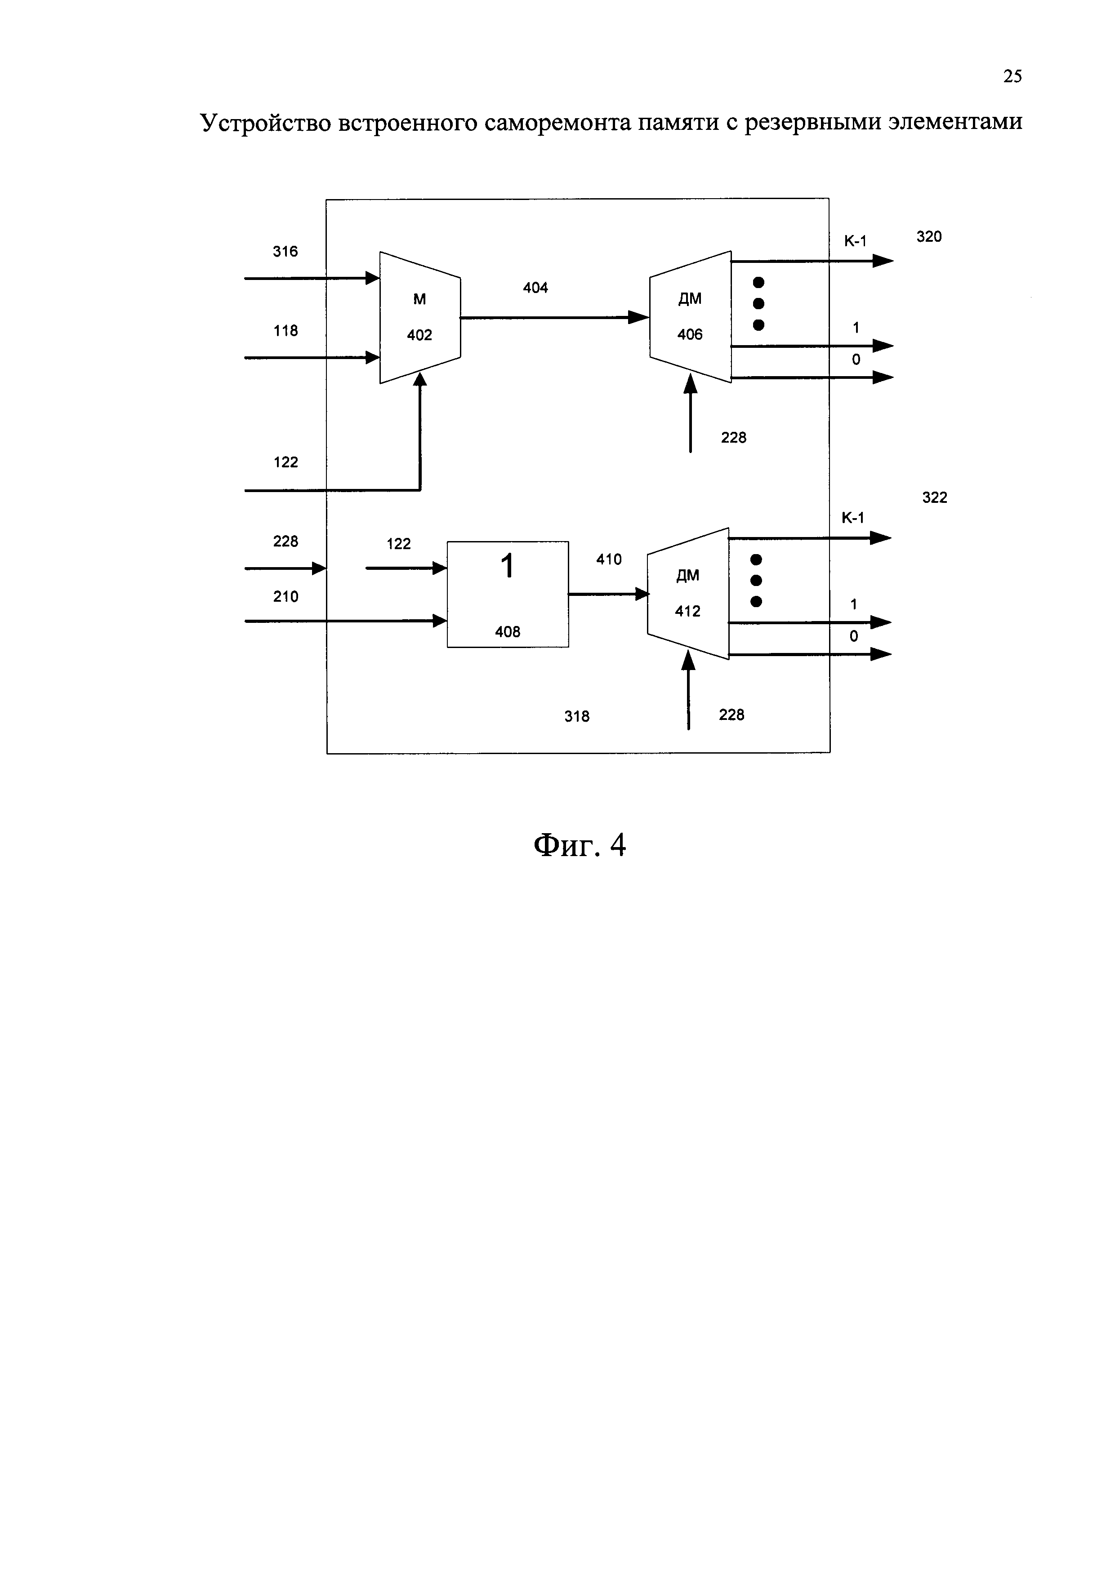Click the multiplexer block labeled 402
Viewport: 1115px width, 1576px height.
(x=419, y=317)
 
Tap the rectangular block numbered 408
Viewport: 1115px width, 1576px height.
(x=508, y=595)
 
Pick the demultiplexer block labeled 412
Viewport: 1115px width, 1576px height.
(x=687, y=594)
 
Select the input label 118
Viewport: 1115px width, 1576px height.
(x=285, y=331)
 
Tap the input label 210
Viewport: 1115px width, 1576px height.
(x=285, y=596)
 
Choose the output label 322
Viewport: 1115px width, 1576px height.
(x=934, y=497)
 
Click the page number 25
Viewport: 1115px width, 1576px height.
(x=1012, y=76)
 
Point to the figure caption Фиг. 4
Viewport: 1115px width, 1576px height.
(x=580, y=845)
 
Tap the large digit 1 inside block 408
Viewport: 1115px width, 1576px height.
(x=508, y=567)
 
